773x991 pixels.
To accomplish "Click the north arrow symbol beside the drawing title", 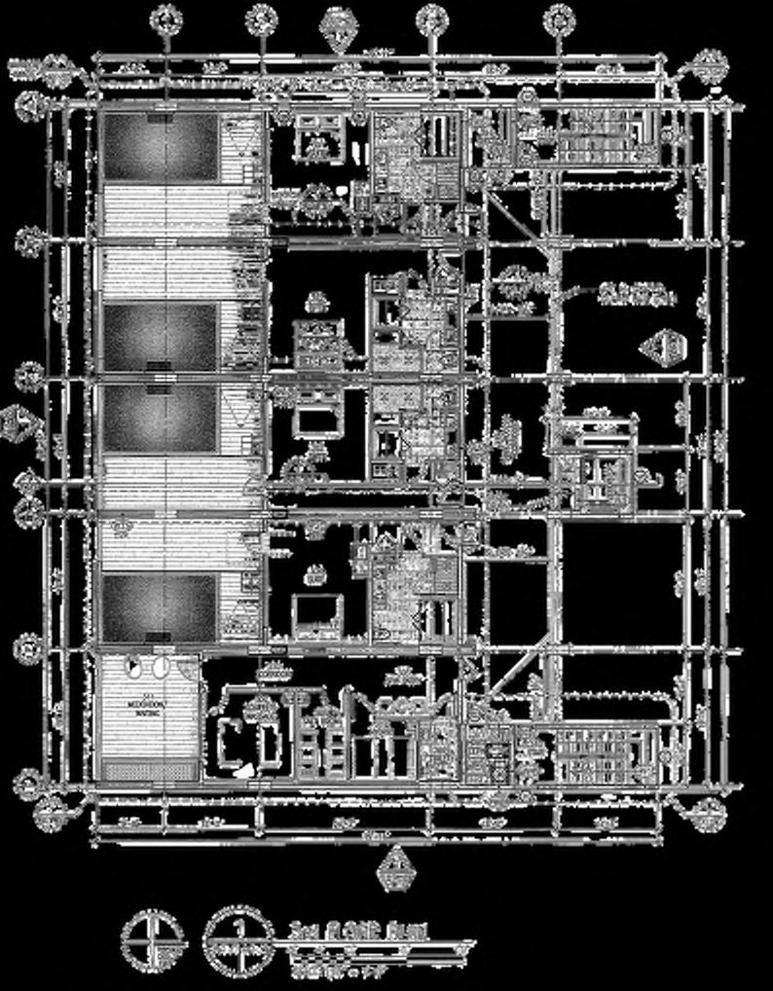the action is [x=152, y=938].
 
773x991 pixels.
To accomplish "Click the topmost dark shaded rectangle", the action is [x=161, y=146].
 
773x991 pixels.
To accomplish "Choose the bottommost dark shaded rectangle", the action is [x=161, y=606].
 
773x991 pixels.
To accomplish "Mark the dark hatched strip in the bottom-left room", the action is [x=150, y=771].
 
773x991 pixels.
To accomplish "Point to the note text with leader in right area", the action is [x=634, y=293].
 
